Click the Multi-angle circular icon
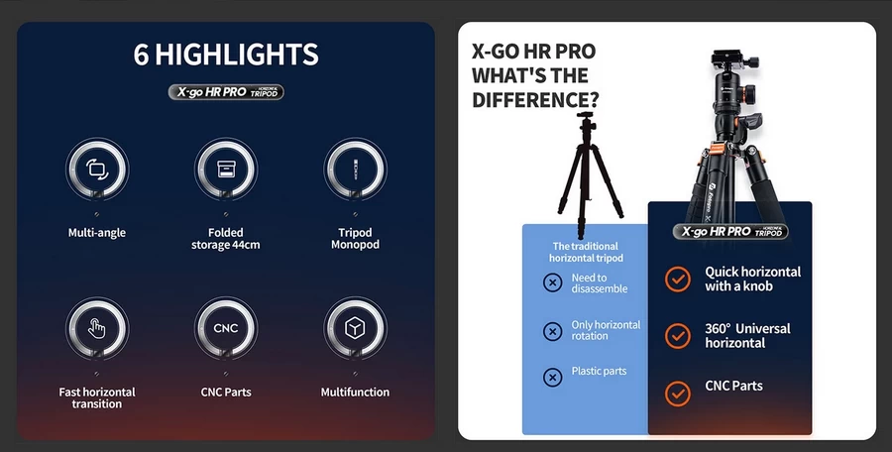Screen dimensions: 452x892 pos(96,168)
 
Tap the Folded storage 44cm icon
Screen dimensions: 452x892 pos(226,168)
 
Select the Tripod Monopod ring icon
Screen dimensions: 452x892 pos(355,168)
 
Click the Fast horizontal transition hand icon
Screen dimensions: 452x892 pos(96,328)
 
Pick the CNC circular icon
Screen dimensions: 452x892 pos(226,328)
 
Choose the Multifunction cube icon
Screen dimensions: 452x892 pos(355,328)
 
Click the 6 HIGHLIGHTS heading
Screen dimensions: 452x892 pos(226,54)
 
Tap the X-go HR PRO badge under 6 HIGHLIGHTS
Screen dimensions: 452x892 pos(226,92)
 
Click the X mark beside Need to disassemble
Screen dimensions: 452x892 pos(553,283)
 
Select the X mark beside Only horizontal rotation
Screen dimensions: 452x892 pos(553,331)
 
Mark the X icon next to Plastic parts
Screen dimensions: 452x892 pos(553,377)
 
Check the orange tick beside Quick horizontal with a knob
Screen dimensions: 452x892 pos(678,279)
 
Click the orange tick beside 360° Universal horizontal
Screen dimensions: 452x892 pos(678,335)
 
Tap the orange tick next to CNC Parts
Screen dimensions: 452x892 pos(678,393)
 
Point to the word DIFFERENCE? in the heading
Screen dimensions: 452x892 pos(535,100)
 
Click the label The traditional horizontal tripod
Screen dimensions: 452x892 pos(585,252)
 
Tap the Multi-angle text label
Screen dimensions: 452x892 pos(96,233)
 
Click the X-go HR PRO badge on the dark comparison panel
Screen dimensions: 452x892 pos(729,231)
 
